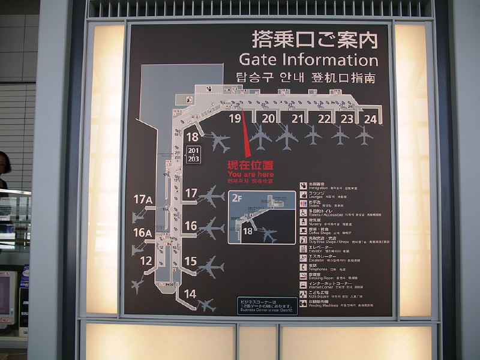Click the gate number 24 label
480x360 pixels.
pos(370,119)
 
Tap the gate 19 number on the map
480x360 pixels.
pos(235,119)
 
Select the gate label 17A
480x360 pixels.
pos(143,199)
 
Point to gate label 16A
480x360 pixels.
pos(143,233)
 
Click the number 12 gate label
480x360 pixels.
pos(146,261)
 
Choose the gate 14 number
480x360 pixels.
pos(190,293)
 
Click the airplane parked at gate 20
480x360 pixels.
pos(260,137)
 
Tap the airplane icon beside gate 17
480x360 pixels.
pos(211,196)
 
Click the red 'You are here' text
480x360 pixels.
pos(250,174)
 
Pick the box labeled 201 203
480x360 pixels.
pos(193,154)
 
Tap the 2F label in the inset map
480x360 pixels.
pos(236,197)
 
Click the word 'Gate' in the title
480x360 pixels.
pos(259,60)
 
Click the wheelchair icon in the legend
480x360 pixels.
pos(304,213)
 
